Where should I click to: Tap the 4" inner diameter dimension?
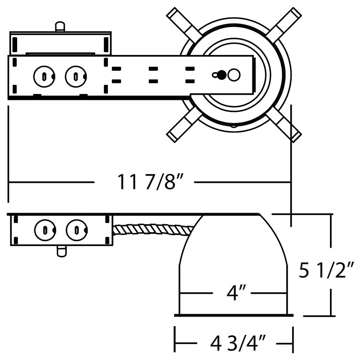232,293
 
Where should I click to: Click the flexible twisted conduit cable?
153,230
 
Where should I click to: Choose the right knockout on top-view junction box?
76,76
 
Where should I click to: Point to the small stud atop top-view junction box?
60,27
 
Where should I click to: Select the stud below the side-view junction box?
62,251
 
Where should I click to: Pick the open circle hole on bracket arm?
234,75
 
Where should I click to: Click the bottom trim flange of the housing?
234,314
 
